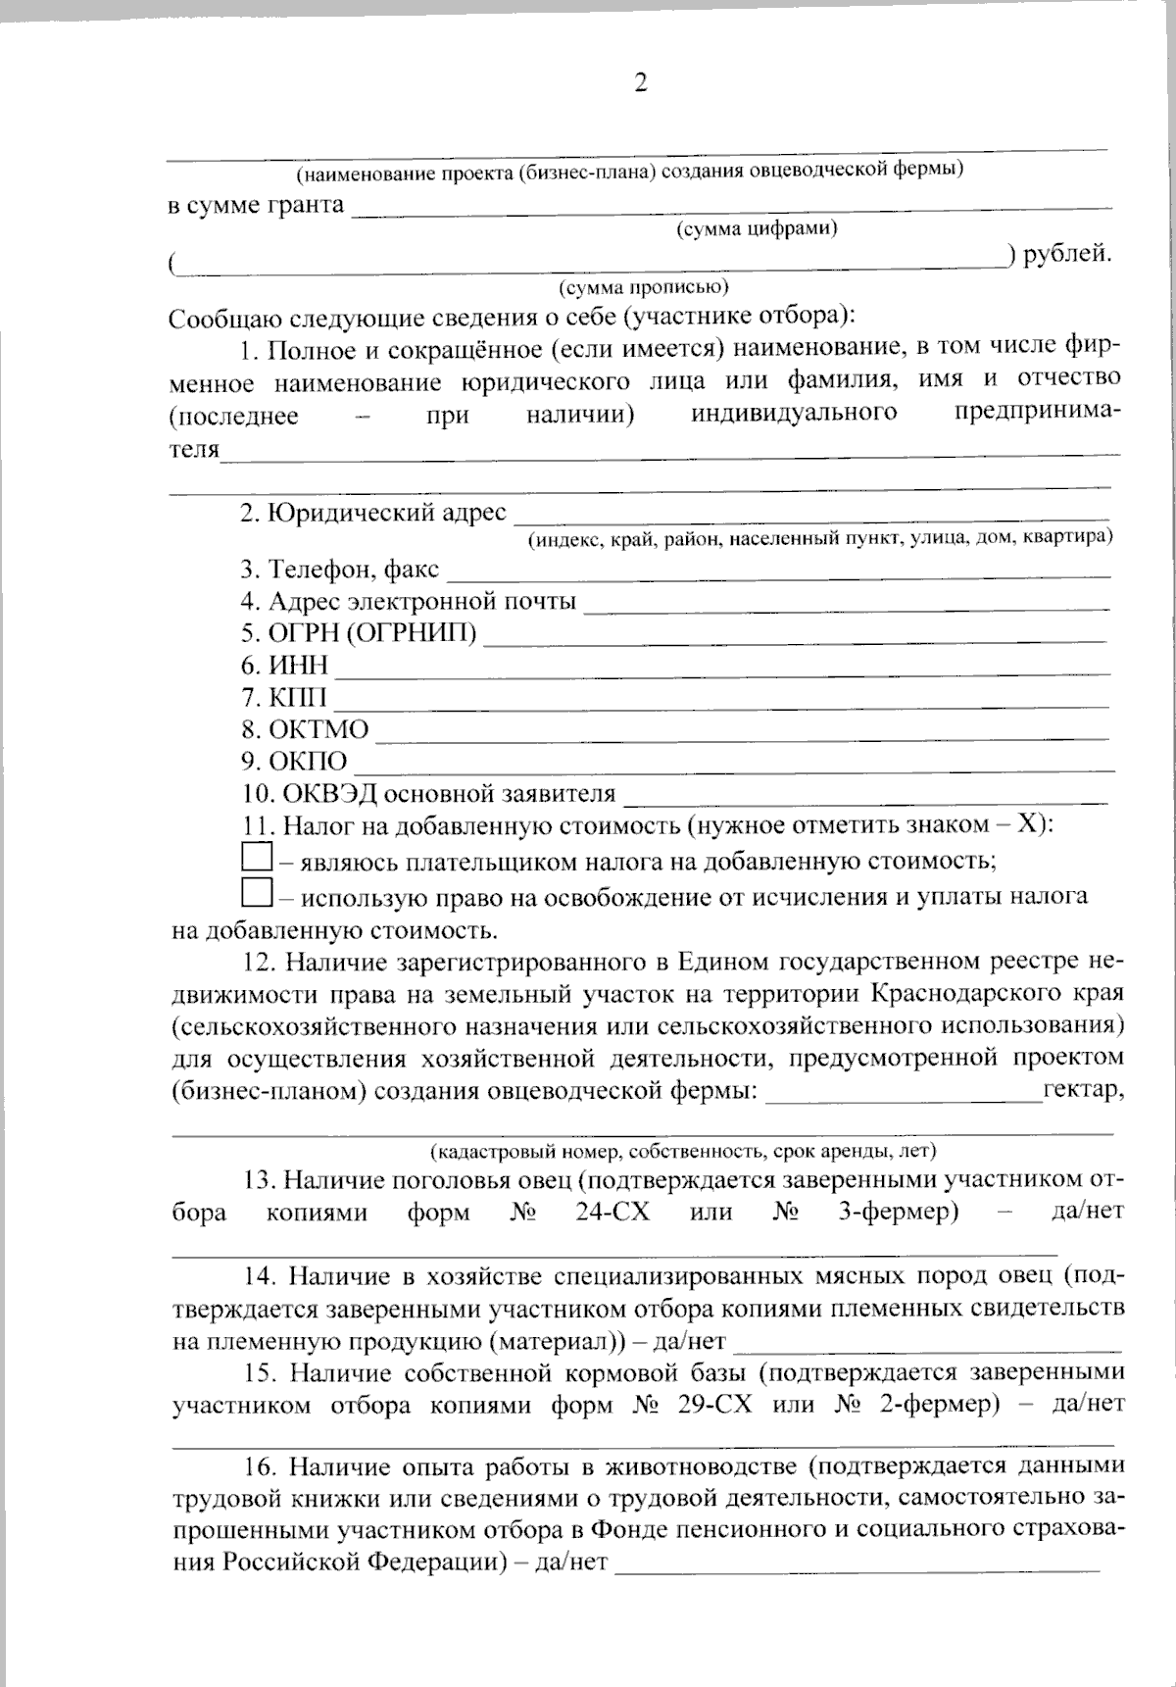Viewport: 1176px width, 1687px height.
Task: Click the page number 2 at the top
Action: (641, 84)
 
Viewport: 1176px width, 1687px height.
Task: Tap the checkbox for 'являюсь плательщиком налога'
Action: (256, 859)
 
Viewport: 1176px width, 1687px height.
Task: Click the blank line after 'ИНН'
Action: (722, 668)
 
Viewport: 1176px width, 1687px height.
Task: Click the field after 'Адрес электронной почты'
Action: (847, 603)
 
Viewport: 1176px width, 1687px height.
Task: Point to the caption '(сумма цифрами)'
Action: (757, 229)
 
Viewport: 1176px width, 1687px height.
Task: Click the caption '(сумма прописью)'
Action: (643, 288)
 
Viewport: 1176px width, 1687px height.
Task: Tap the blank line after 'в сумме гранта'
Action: (731, 206)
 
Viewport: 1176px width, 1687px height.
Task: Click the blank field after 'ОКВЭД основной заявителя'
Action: (865, 794)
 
